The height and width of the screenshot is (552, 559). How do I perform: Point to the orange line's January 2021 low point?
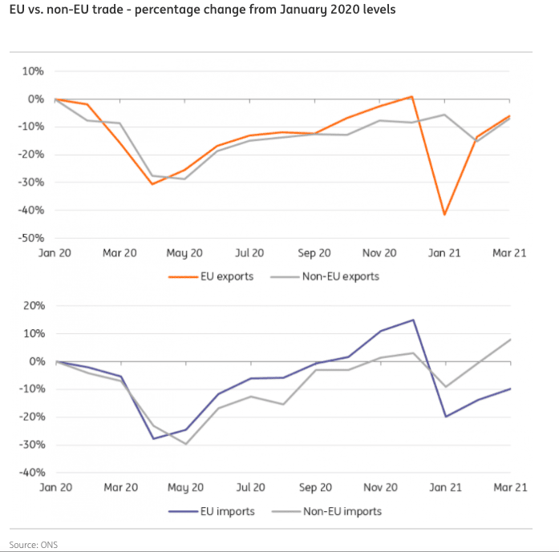[444, 215]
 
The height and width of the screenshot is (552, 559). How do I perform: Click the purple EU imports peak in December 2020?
[412, 320]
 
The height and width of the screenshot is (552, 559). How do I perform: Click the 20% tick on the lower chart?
[31, 305]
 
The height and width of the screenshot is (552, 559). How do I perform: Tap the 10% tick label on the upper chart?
[31, 71]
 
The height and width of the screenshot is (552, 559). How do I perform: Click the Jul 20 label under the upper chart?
[249, 253]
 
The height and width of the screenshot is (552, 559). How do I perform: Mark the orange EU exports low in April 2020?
[152, 184]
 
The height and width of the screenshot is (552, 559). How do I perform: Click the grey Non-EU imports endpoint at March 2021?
[510, 339]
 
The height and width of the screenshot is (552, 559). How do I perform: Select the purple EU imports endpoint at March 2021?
[510, 389]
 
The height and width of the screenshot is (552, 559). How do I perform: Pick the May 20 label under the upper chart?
[184, 253]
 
